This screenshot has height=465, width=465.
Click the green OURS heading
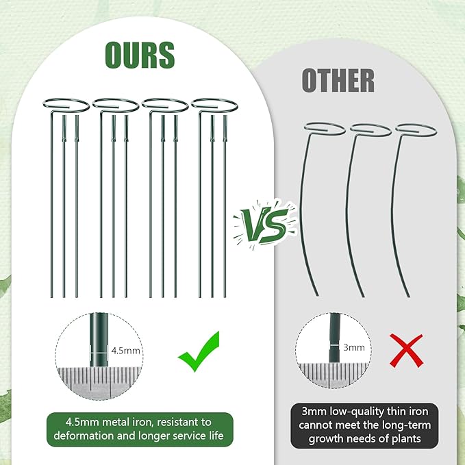pyautogui.click(x=140, y=55)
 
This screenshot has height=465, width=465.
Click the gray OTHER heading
pyautogui.click(x=338, y=80)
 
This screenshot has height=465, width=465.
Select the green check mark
pyautogui.click(x=199, y=351)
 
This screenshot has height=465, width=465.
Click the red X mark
pyautogui.click(x=406, y=350)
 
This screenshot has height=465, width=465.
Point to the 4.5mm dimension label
pyautogui.click(x=125, y=351)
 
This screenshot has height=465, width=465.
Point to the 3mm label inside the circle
pyautogui.click(x=354, y=347)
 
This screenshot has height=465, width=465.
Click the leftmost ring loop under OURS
pyautogui.click(x=66, y=104)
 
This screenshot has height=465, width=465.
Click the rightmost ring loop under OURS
pyautogui.click(x=214, y=104)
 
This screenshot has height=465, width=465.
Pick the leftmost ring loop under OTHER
pyautogui.click(x=325, y=128)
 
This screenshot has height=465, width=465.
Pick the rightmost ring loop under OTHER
pyautogui.click(x=416, y=129)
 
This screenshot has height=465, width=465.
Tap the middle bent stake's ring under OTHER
pyautogui.click(x=370, y=129)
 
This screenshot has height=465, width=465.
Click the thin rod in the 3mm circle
pyautogui.click(x=334, y=338)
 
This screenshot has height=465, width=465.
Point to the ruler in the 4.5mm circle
pyautogui.click(x=99, y=383)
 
